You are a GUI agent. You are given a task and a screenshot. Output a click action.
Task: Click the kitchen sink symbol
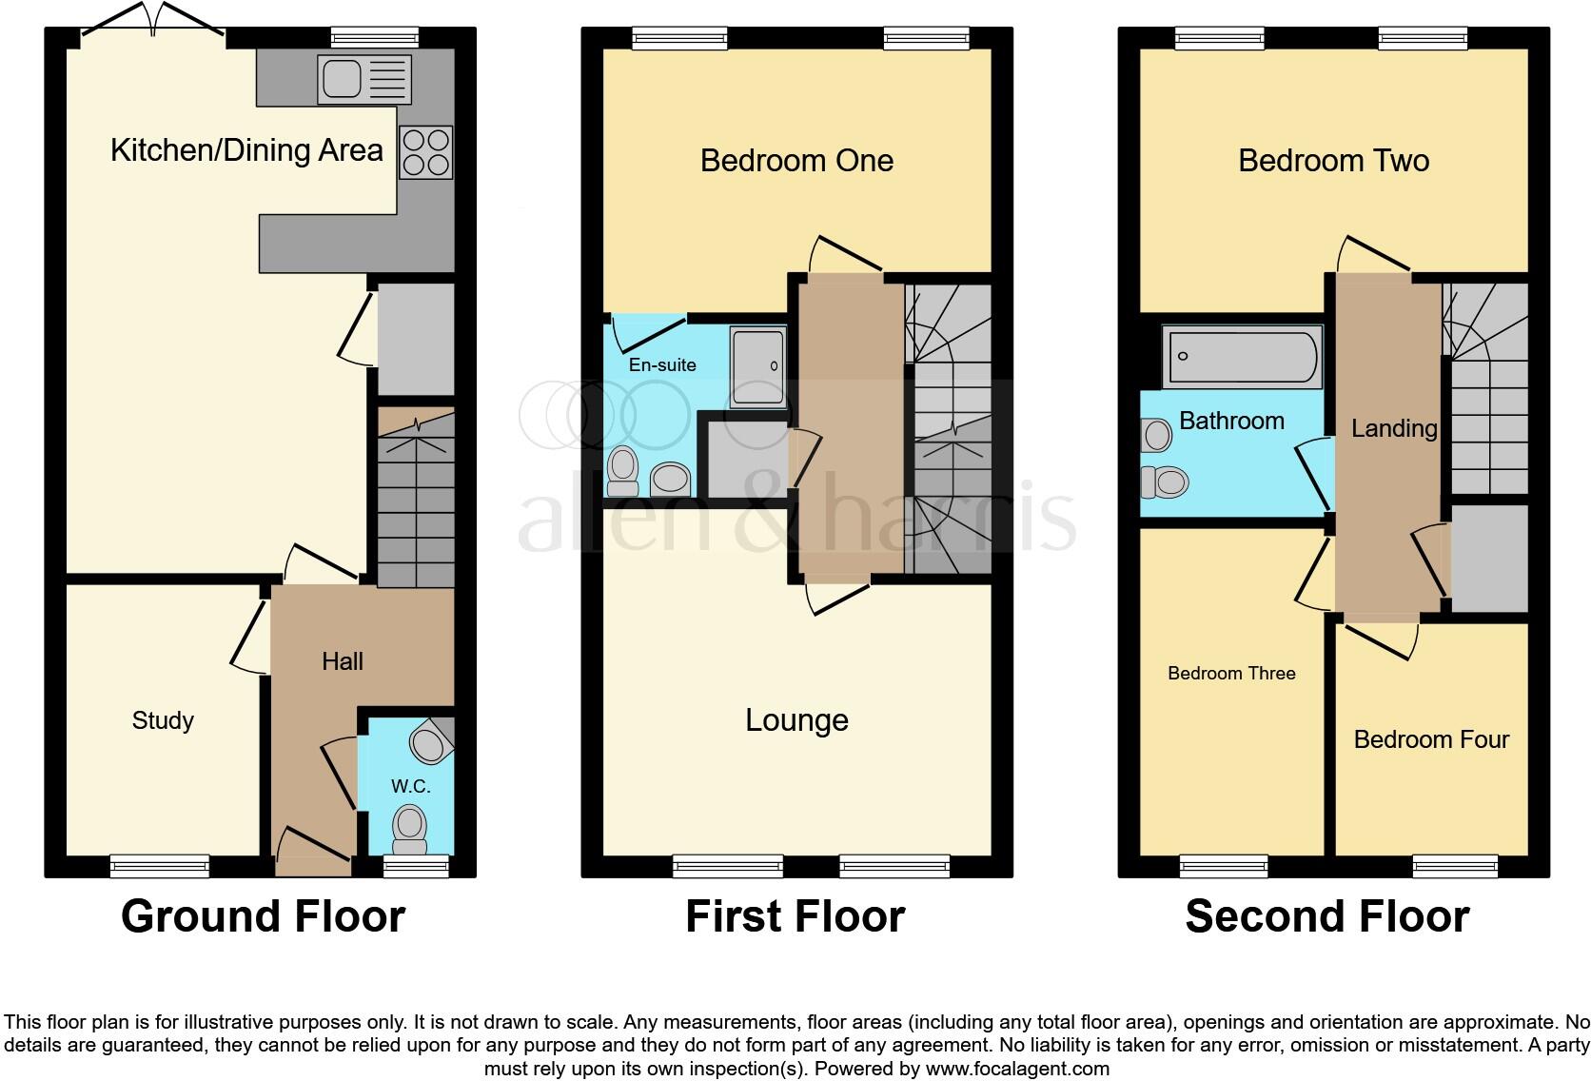[365, 79]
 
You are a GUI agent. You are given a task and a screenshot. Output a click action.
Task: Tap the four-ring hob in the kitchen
[425, 152]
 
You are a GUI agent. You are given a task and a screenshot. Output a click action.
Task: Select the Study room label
[163, 720]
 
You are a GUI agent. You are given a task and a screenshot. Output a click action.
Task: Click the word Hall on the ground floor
[343, 661]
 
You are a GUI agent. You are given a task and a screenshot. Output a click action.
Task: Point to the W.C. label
[410, 786]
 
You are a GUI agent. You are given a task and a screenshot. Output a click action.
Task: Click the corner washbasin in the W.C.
[431, 740]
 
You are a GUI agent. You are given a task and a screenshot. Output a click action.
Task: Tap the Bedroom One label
[796, 161]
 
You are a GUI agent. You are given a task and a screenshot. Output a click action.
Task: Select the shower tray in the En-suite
[757, 366]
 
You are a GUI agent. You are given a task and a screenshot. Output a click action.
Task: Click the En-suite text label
[662, 364]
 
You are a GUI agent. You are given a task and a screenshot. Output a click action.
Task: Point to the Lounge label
[796, 720]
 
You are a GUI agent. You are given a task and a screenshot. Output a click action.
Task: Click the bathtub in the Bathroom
[1242, 357]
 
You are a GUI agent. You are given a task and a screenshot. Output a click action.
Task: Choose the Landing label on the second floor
[1394, 428]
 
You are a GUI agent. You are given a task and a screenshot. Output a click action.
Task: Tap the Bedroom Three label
[1231, 674]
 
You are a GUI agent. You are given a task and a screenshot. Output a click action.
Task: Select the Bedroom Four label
[1431, 739]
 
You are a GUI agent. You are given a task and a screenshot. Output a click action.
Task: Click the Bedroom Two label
[1333, 161]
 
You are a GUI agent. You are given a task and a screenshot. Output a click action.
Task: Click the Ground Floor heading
[263, 916]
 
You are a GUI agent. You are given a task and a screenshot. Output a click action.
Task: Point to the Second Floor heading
[1326, 916]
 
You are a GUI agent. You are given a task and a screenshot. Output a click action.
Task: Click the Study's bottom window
[159, 866]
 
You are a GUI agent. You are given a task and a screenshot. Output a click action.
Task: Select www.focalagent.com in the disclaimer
[1017, 1069]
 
